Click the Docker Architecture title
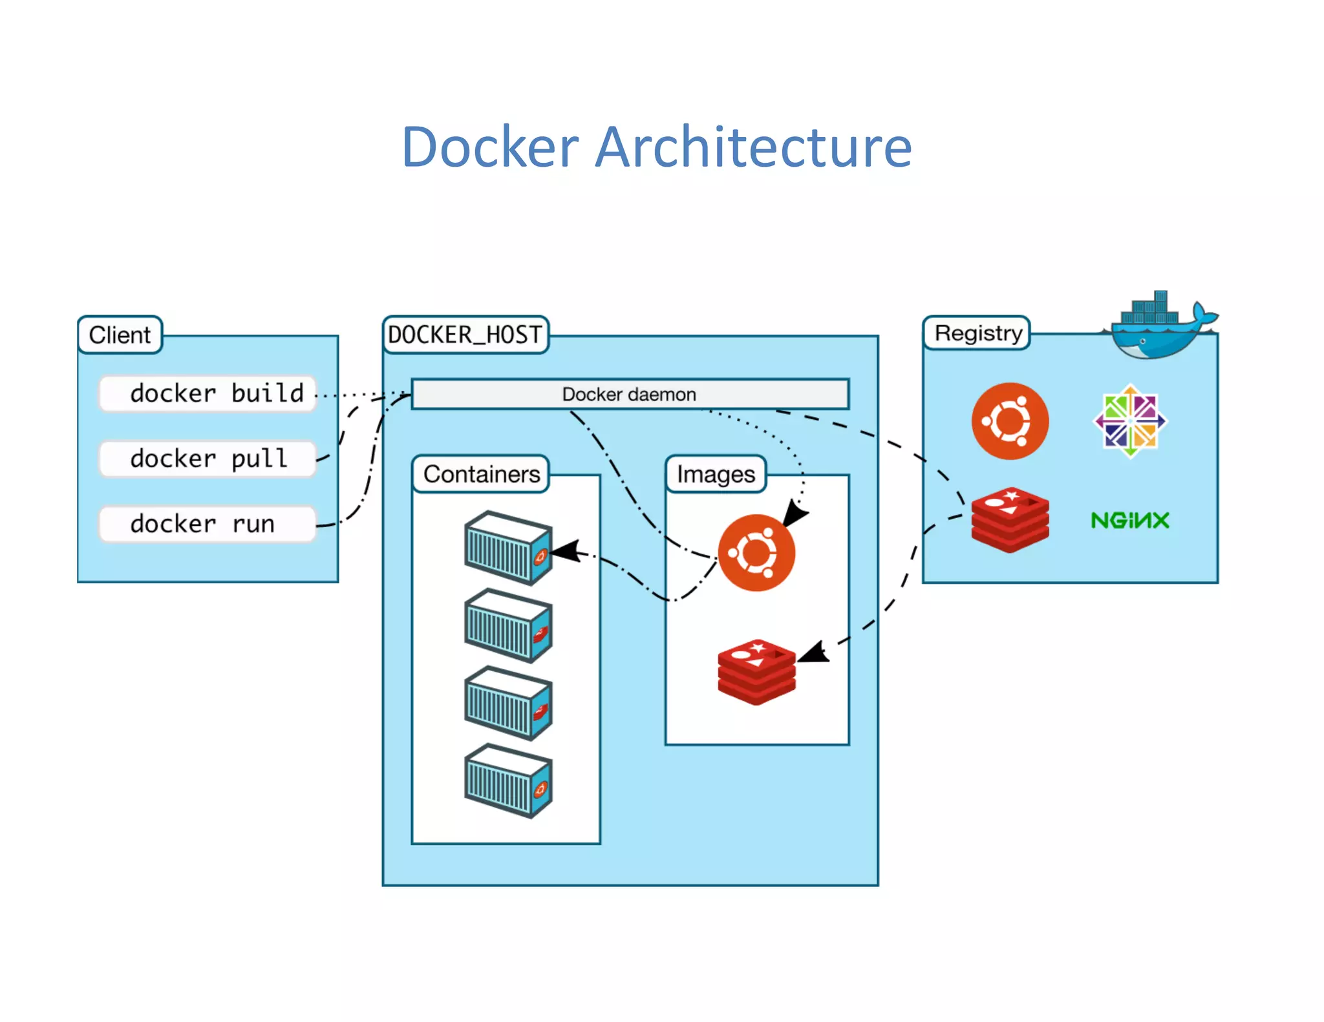(x=656, y=147)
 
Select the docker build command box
(x=208, y=393)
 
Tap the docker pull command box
(x=208, y=459)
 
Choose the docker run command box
(x=208, y=523)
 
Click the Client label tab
(x=120, y=335)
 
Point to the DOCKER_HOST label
(x=465, y=335)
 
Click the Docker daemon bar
(x=630, y=394)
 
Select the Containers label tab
(x=481, y=474)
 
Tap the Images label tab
(x=716, y=474)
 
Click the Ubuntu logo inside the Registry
(x=1010, y=421)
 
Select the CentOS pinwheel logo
(x=1129, y=421)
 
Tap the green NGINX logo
(x=1129, y=520)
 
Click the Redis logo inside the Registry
(x=1010, y=519)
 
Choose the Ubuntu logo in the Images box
(x=756, y=552)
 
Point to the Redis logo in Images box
(x=756, y=672)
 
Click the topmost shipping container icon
(x=508, y=548)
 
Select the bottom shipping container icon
(x=508, y=781)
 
